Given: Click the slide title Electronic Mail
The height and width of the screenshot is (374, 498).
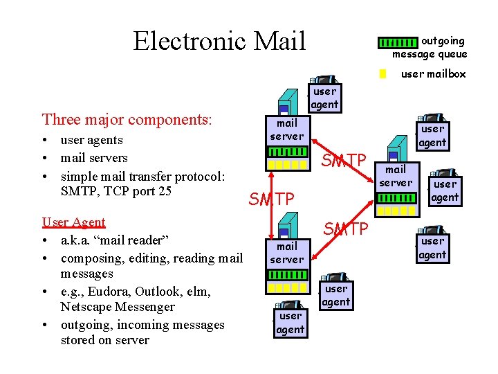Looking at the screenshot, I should [219, 41].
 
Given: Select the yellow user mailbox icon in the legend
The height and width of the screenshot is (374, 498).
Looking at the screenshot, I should [382, 74].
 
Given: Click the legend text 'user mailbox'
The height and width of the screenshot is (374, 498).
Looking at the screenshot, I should [434, 74].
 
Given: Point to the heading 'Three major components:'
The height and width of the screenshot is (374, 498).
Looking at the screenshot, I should [127, 119].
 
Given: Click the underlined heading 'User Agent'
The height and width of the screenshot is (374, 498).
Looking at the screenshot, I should [73, 222].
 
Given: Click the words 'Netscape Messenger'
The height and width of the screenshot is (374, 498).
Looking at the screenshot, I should [118, 307].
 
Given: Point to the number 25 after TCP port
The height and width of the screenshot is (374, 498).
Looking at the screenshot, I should [164, 191].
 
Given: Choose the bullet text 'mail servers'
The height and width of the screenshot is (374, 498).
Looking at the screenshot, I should [94, 158].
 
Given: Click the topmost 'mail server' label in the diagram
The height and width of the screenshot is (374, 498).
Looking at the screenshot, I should [286, 130].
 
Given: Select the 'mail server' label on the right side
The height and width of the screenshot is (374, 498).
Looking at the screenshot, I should [396, 176].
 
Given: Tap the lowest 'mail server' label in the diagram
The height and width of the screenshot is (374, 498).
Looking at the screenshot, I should [286, 253].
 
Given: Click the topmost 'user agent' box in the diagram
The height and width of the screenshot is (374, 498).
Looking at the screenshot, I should [324, 98].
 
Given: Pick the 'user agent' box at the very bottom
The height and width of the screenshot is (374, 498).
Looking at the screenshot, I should [290, 323].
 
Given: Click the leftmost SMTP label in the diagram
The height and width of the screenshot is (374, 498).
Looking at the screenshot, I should [271, 199].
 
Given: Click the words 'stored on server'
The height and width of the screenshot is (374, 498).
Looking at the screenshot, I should [104, 340].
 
